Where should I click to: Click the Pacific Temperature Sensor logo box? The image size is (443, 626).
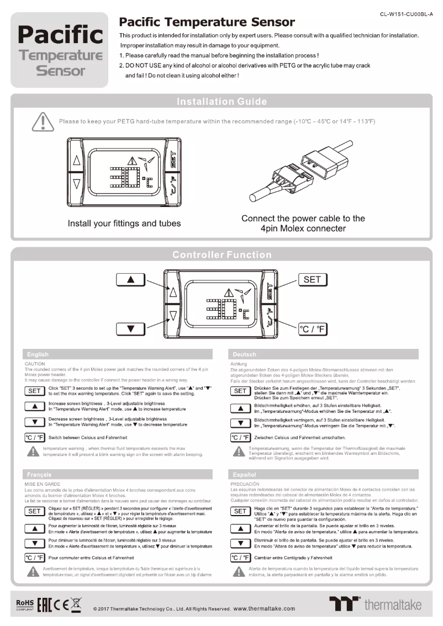pos(60,50)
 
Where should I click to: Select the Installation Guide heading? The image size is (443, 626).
pos(221,102)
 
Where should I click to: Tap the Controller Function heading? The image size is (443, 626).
pos(221,254)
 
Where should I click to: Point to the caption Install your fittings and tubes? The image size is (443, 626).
pos(124,224)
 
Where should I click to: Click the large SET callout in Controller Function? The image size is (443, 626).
pos(312,280)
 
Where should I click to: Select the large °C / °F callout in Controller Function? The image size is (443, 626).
pos(312,330)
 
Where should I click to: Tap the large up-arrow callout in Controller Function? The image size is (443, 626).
pos(131,280)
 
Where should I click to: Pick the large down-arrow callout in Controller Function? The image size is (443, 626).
pos(131,330)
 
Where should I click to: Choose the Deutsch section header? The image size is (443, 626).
pos(245,354)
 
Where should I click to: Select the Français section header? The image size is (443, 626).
pos(38,474)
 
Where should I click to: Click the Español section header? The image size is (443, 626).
pos(245,474)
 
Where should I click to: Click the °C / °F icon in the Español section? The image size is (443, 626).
pos(240,558)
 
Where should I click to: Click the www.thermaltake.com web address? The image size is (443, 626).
pos(265,608)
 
